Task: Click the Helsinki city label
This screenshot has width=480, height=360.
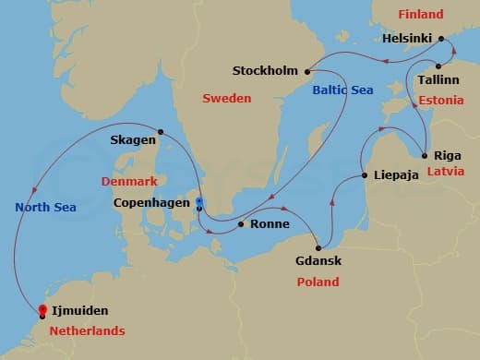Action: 408,40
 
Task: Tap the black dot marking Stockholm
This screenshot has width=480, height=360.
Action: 306,70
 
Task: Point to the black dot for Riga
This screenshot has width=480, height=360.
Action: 424,155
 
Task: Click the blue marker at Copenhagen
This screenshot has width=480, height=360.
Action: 199,200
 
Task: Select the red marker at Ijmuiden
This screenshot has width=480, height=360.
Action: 42,310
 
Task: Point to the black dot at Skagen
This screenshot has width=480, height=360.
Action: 161,131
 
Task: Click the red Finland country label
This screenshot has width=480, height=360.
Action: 421,15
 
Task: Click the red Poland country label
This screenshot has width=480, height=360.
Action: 318,282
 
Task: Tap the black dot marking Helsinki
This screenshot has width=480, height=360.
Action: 442,40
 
